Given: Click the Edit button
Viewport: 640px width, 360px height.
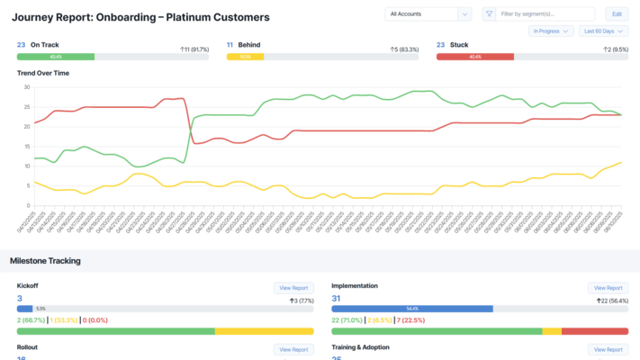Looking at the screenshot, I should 617,14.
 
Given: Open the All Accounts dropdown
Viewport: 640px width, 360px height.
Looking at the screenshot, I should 428,14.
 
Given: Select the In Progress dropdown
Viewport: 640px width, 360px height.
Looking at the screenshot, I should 551,31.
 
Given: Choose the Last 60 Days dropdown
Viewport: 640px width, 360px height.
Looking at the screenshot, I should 597,31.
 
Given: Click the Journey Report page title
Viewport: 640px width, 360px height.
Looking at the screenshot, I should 140,17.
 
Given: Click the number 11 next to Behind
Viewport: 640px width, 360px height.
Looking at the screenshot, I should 230,44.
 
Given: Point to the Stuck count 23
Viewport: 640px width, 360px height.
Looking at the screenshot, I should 440,44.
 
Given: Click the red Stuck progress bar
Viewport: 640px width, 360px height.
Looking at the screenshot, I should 475,57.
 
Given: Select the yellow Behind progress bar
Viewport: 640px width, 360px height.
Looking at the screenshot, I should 245,57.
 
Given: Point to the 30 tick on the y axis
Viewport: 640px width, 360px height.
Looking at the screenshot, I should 26,87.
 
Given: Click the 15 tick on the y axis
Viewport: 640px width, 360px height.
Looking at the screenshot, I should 26,147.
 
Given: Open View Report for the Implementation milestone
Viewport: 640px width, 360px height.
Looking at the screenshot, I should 608,288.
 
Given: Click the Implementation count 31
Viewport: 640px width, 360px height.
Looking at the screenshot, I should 337,299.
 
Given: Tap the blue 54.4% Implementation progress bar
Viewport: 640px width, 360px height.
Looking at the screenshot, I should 412,309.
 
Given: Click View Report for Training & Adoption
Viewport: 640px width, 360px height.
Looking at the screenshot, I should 608,349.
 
